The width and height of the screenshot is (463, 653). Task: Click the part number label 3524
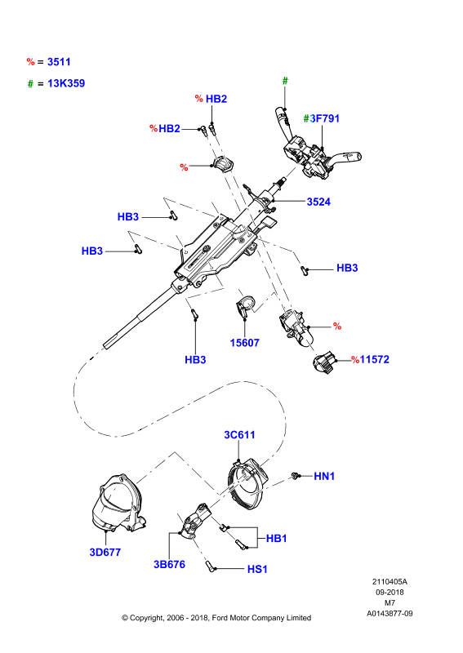click(x=318, y=202)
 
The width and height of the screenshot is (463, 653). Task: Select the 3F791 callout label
click(x=325, y=118)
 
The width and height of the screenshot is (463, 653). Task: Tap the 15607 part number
click(x=245, y=343)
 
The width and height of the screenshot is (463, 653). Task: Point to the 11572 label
click(x=374, y=359)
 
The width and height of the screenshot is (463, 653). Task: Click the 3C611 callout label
click(x=239, y=435)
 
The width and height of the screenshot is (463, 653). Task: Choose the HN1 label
click(x=324, y=476)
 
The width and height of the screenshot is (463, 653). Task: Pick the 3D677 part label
click(x=105, y=553)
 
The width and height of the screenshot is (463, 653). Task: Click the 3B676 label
click(x=169, y=564)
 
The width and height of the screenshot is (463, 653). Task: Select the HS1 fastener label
click(x=257, y=569)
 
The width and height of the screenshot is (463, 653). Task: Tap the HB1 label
click(x=276, y=539)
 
